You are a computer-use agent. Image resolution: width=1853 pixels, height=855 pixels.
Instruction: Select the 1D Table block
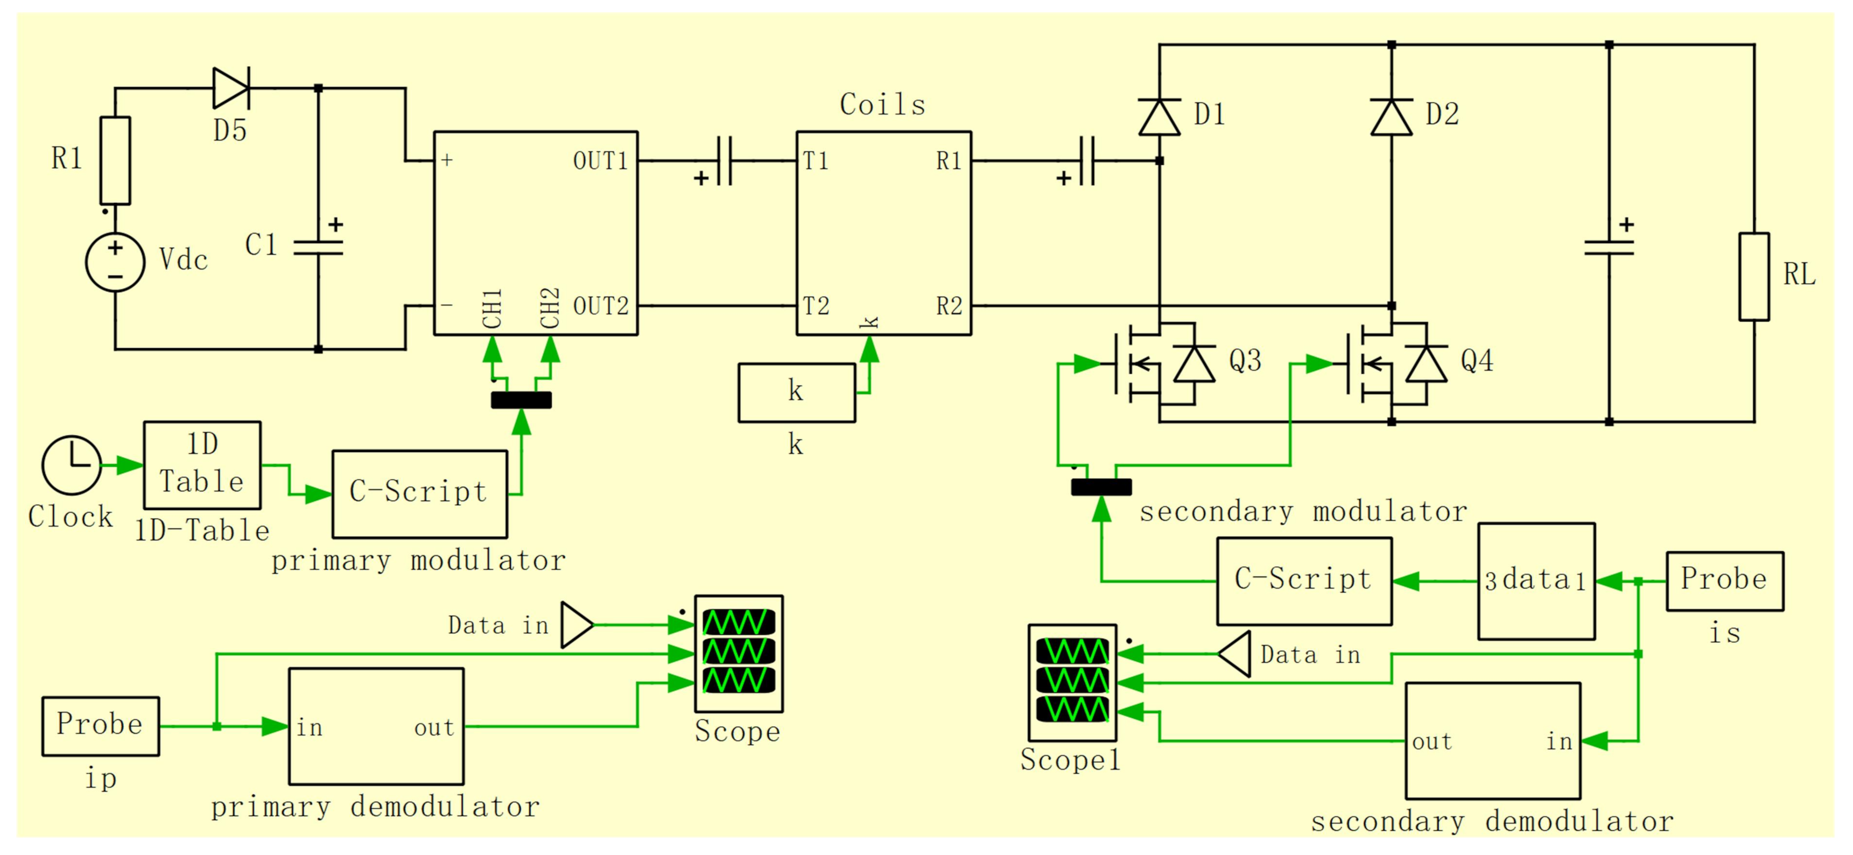202,465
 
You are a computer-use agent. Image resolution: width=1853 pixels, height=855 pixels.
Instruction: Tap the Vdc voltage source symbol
115,263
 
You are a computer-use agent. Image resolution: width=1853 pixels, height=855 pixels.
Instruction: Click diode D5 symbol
231,88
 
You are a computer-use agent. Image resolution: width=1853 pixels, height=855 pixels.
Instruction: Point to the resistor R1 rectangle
115,160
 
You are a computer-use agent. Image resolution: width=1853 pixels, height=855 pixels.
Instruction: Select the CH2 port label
550,308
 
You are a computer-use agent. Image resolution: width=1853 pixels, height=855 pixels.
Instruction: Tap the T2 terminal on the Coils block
816,306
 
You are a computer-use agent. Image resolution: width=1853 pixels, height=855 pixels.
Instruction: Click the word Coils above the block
882,105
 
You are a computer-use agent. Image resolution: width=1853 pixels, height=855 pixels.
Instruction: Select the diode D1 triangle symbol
1159,117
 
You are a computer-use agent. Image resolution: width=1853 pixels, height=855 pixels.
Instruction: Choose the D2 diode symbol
1391,117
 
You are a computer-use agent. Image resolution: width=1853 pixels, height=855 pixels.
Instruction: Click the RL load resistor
1754,276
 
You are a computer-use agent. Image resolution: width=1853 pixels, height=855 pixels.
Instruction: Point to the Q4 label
1477,360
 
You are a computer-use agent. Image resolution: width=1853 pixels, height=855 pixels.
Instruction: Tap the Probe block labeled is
1724,581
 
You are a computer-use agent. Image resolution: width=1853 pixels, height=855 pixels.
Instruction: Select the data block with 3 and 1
1536,581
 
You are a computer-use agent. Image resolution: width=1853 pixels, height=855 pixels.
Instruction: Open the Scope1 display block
1072,682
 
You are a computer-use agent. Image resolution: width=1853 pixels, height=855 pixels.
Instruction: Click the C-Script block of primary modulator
419,494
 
